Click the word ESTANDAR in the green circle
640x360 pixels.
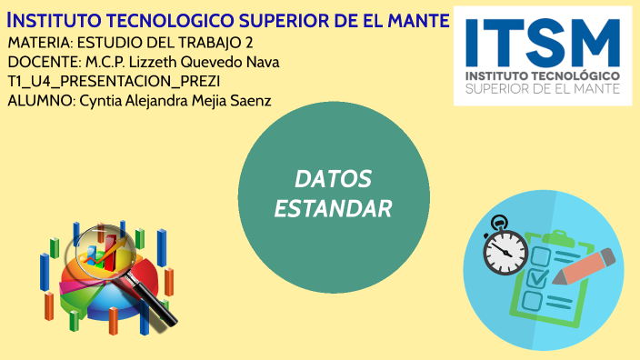click(x=333, y=208)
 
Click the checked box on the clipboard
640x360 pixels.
click(x=537, y=274)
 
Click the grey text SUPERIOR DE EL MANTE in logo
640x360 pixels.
click(x=542, y=89)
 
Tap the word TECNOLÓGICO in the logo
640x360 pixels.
click(x=575, y=75)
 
